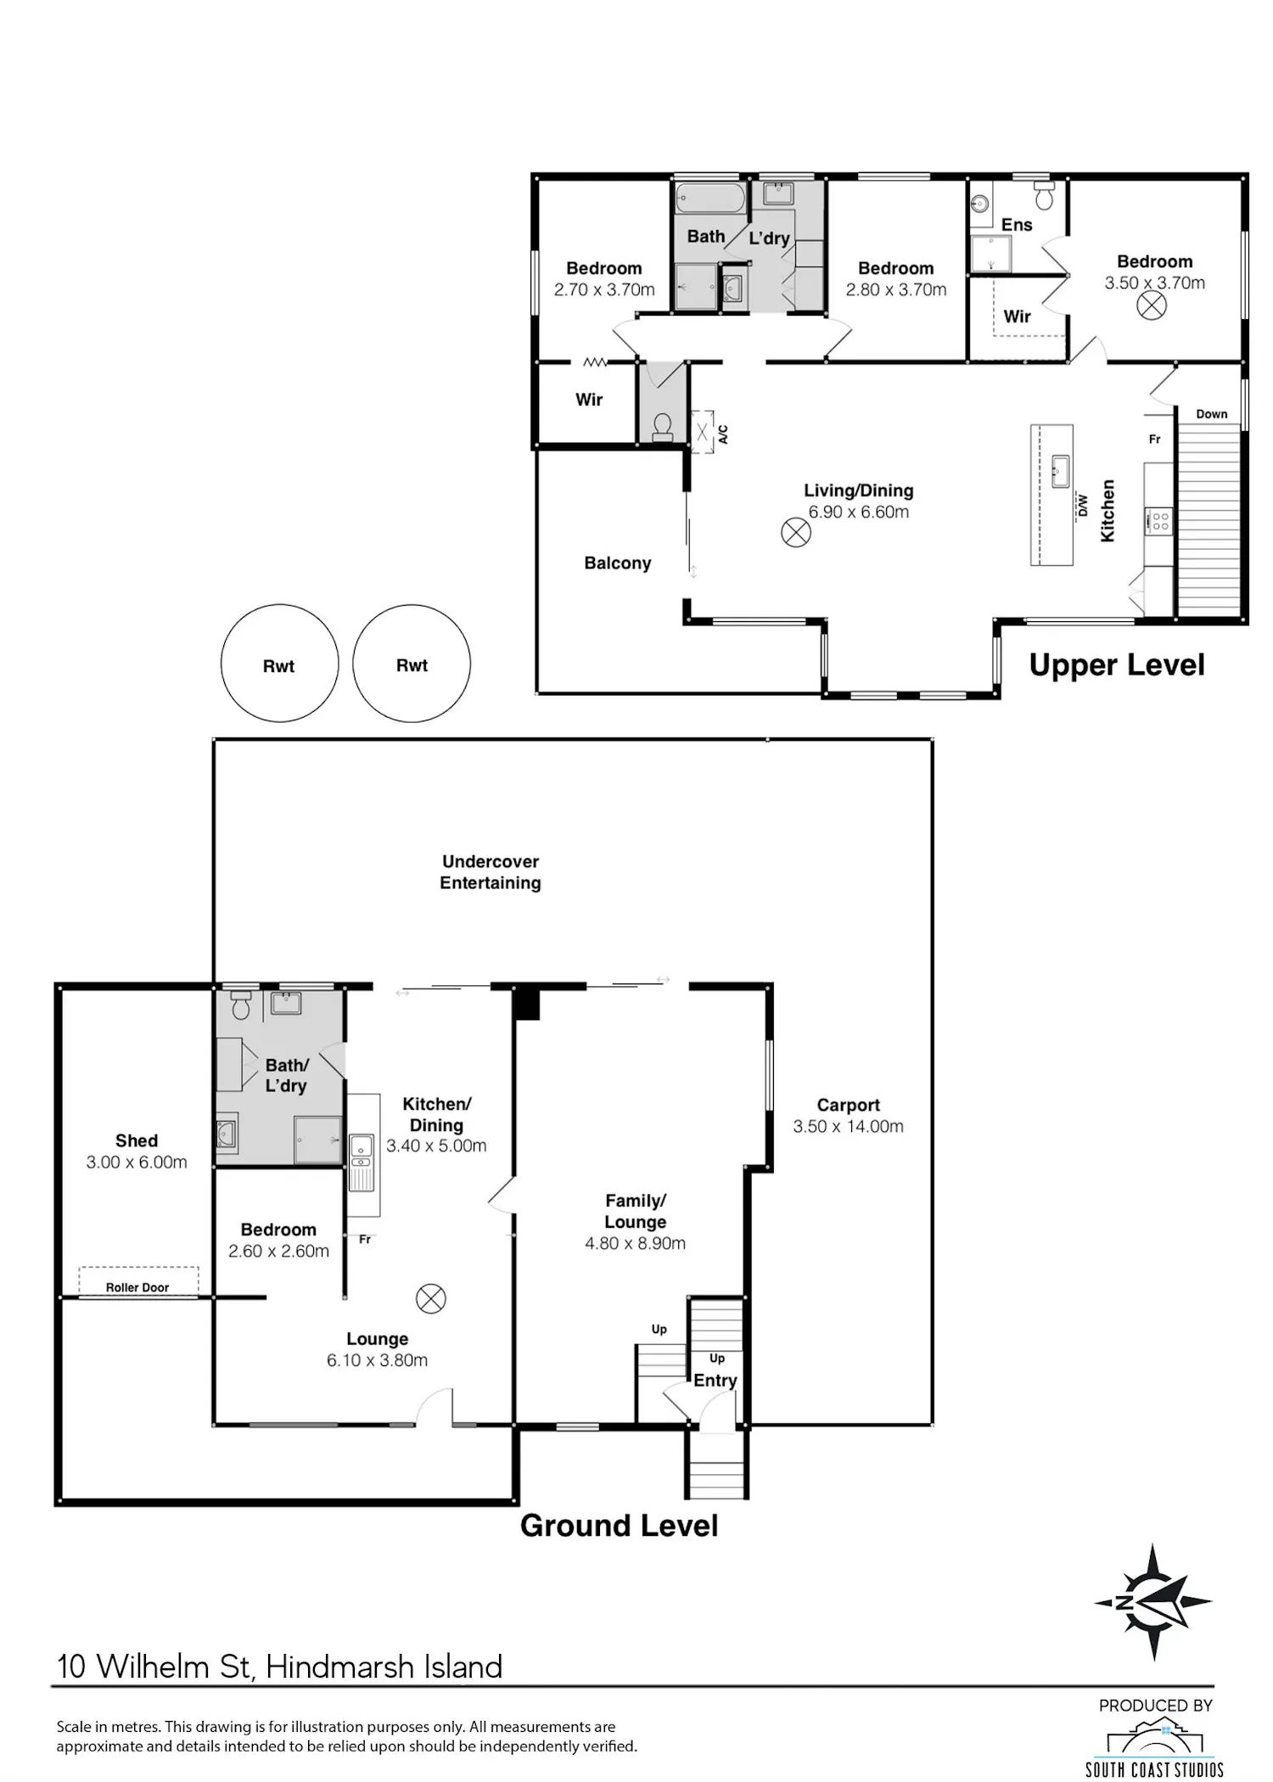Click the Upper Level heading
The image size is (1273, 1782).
(x=1116, y=666)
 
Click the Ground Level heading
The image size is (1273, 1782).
(x=619, y=1526)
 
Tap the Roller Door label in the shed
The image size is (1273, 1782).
(x=137, y=1287)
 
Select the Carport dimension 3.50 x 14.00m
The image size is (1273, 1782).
(x=848, y=1126)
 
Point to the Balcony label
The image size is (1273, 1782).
(x=618, y=563)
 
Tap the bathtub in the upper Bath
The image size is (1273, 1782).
(x=711, y=199)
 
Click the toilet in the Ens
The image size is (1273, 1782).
(x=1045, y=195)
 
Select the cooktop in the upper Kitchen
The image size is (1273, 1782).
(x=1159, y=521)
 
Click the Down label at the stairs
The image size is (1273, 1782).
(x=1212, y=414)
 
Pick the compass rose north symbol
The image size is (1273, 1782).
(x=1152, y=1603)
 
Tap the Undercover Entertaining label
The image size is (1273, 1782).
(x=491, y=872)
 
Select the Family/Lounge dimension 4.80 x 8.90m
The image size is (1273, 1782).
(x=635, y=1243)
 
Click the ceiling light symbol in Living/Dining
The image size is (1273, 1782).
(x=796, y=533)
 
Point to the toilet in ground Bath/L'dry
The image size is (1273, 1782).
(x=241, y=1006)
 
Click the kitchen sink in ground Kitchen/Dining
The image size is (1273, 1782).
(x=362, y=1151)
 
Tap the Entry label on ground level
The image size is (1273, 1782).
(x=715, y=1381)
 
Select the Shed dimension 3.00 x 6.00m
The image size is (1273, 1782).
(x=137, y=1162)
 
